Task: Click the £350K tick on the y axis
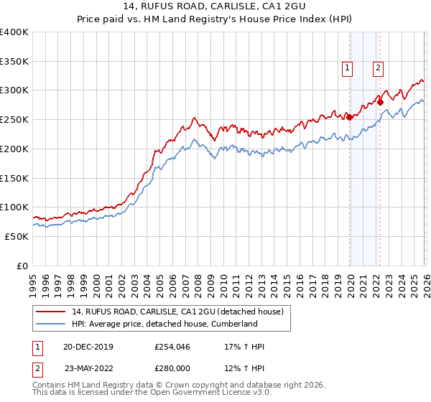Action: pos(14,62)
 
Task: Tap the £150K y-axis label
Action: pos(14,178)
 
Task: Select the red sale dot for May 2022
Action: pos(380,103)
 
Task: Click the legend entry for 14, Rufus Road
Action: pos(178,312)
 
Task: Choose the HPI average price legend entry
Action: pos(164,324)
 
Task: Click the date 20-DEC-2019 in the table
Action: pos(83,347)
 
